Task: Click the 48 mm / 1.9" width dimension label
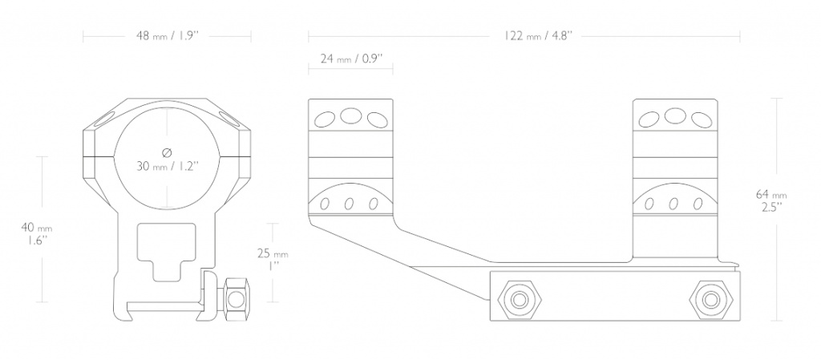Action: [x=166, y=36]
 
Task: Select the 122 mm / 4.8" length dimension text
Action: [x=538, y=36]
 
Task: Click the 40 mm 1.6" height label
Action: [x=36, y=233]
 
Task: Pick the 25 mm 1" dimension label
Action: [x=273, y=260]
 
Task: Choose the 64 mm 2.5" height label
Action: [x=771, y=200]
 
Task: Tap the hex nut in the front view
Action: [x=236, y=299]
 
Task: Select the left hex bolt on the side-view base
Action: [x=520, y=299]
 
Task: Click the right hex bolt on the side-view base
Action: [x=710, y=299]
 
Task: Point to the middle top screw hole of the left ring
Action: [x=350, y=115]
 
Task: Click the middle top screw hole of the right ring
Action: [x=675, y=115]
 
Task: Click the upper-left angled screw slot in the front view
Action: [x=105, y=119]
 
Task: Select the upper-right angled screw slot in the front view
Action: [x=229, y=119]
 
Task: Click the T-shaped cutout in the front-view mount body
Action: [x=167, y=251]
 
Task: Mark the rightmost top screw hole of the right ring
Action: [x=701, y=119]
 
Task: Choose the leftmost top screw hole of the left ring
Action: [x=325, y=119]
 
